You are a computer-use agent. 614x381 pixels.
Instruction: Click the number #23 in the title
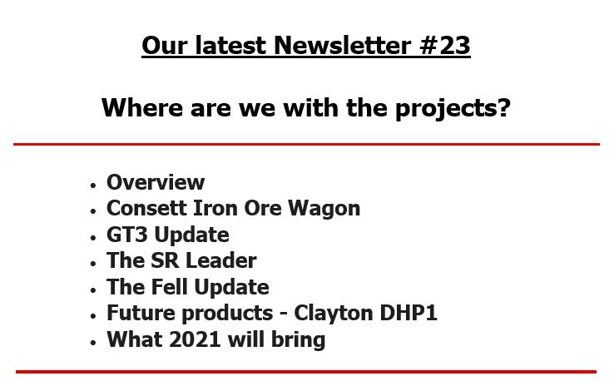pos(444,46)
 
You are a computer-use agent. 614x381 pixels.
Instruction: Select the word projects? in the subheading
pos(453,108)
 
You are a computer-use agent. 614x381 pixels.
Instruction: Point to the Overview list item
pos(156,182)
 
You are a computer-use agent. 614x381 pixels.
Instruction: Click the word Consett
pos(146,208)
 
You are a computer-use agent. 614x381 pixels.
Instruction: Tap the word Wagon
pos(324,209)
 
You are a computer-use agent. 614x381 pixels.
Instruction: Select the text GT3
pos(126,235)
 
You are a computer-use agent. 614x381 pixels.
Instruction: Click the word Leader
pos(220,260)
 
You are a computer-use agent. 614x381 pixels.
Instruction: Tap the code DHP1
pos(409,314)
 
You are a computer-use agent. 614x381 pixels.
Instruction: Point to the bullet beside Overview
pos(93,186)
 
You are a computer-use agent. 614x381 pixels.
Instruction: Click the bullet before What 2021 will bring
pos(93,343)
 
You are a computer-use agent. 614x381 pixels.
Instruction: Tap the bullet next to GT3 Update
pos(93,238)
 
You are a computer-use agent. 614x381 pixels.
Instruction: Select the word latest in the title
pos(230,46)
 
